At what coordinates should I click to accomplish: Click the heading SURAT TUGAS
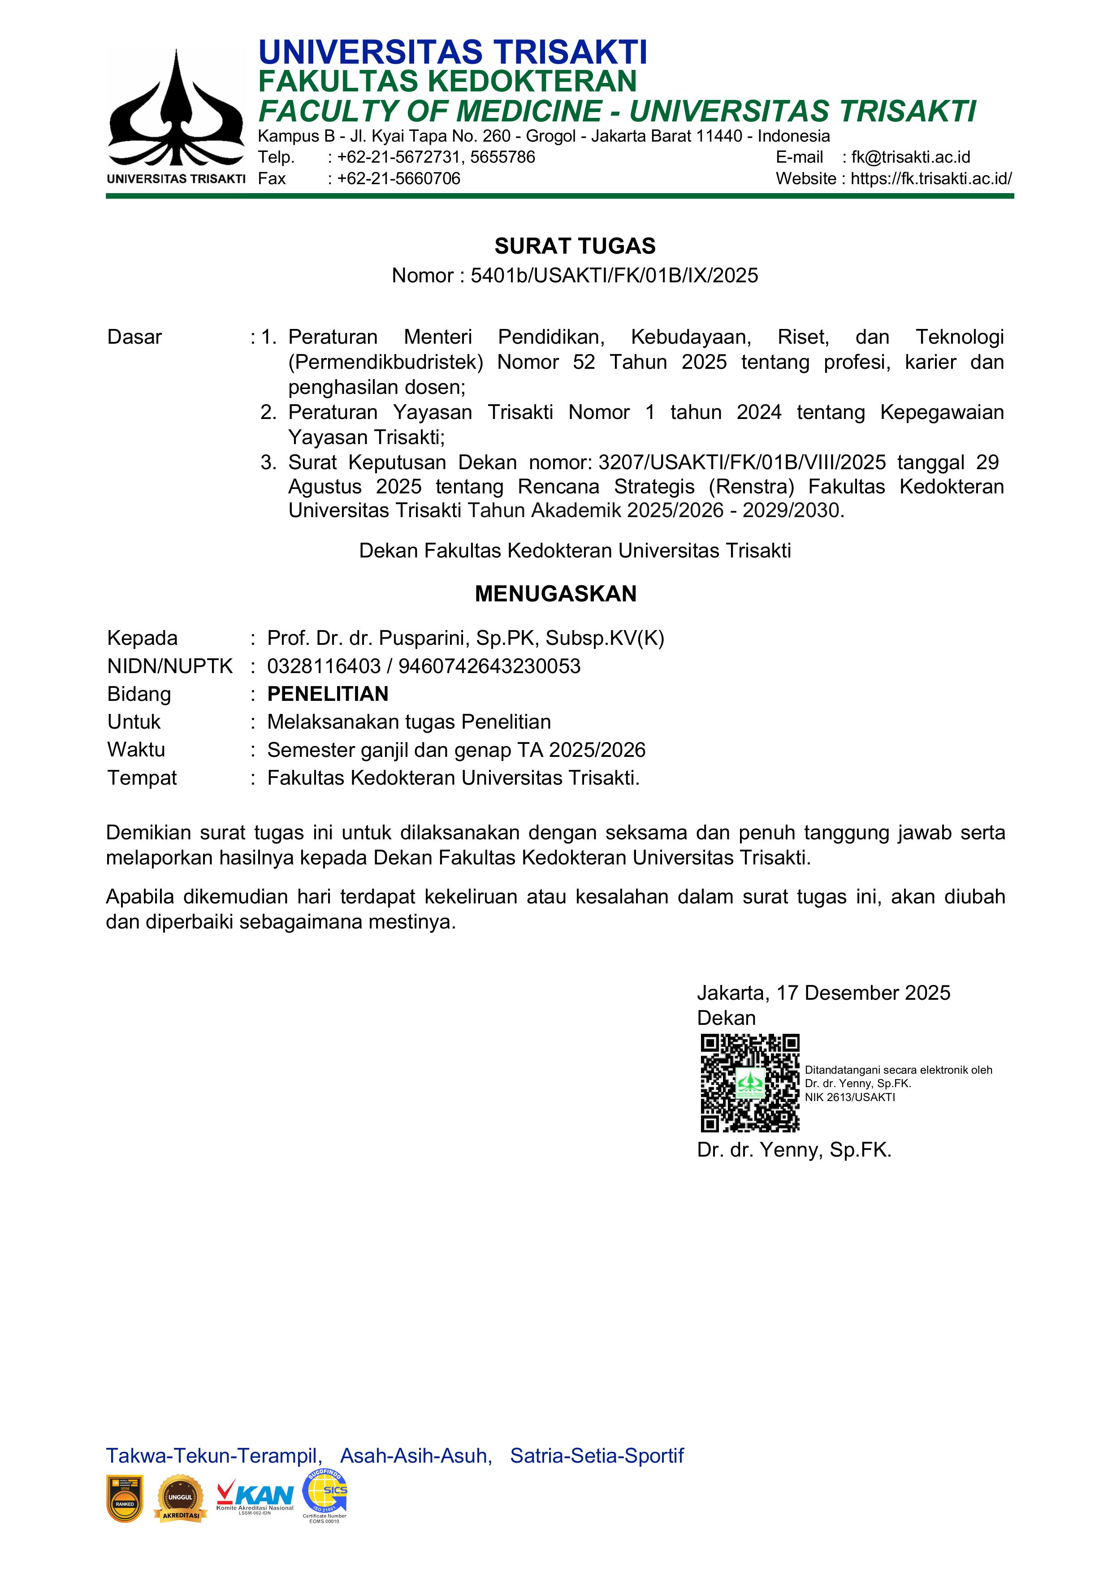575,246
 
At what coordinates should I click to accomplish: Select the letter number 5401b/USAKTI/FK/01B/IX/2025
614,275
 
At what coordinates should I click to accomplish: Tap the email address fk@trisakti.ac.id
911,157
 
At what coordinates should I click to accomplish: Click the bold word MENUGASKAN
555,594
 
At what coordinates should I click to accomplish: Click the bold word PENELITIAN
327,694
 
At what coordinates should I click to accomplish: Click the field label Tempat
142,778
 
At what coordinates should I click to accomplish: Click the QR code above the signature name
750,1083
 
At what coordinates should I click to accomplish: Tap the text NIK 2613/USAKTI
850,1097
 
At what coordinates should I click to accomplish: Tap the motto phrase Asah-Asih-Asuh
416,1455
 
